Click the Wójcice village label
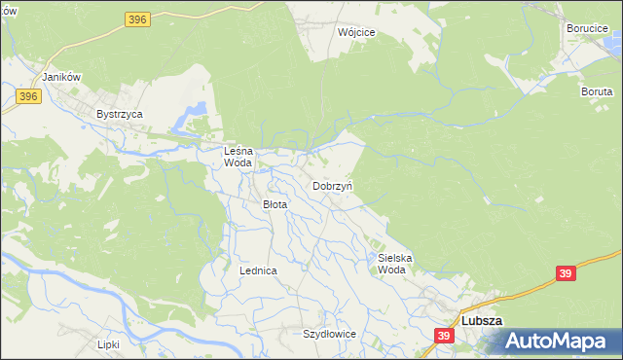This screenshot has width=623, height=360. pos(355,32)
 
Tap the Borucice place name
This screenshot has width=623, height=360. pos(587,28)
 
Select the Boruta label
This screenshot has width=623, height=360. pos(597,90)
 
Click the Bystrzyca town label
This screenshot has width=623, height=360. pos(120,114)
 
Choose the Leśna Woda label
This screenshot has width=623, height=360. pos(238,157)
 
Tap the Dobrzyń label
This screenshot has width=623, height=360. pos(333,185)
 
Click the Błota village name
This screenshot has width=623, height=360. pos(275,204)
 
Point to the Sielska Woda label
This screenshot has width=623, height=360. pos(395,264)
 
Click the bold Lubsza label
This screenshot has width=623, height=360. pos(481,321)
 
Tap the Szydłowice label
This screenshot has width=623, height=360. pos(329,334)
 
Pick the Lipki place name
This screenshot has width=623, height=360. pos(107,343)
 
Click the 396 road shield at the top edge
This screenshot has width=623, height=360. pos(137,18)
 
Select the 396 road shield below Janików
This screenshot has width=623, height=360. pos(27,95)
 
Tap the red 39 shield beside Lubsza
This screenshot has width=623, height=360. pos(444,336)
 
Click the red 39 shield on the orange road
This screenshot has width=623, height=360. pos(567,274)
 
